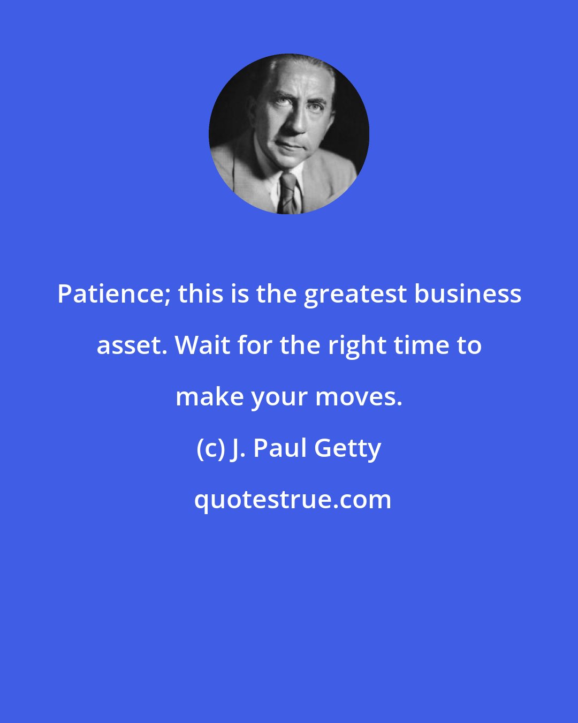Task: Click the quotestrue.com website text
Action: tap(293, 501)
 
